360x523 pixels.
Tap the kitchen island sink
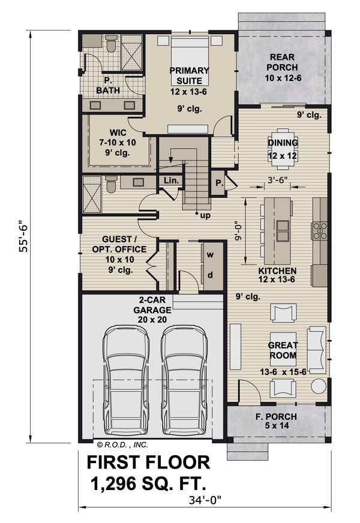coord(281,227)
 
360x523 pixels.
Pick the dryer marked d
coord(210,275)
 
